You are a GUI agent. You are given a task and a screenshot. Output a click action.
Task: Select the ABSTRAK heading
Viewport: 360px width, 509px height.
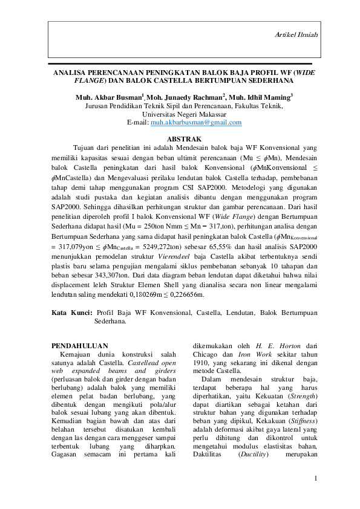pyautogui.click(x=184, y=139)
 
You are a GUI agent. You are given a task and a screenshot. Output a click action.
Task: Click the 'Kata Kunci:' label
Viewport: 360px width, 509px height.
pyautogui.click(x=71, y=313)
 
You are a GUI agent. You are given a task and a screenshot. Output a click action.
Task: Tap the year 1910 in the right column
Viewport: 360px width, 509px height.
pyautogui.click(x=200, y=364)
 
